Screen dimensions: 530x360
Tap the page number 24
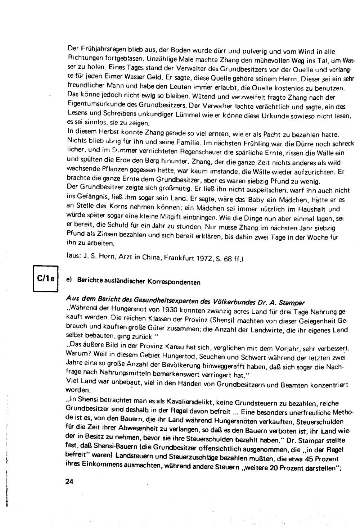click(x=69, y=481)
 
